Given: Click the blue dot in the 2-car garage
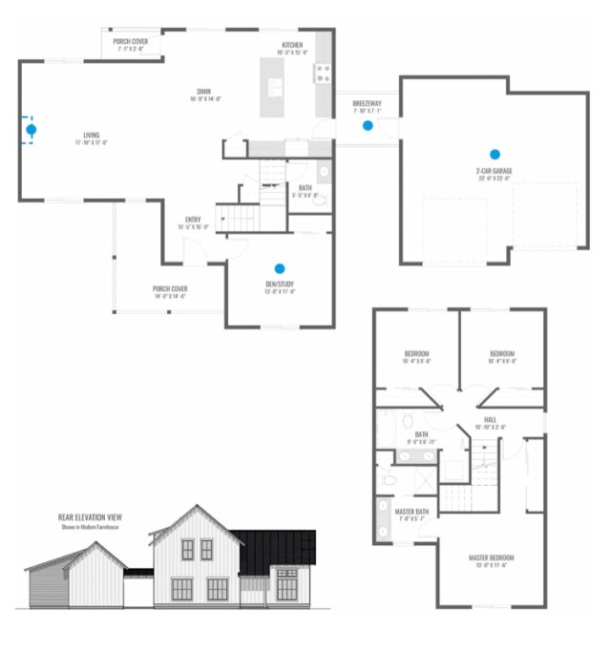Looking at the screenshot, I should click(x=495, y=154).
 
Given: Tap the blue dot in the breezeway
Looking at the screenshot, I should click(x=368, y=125).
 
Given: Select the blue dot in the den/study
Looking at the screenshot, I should click(x=280, y=269).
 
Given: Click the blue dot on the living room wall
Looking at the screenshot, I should click(x=32, y=129).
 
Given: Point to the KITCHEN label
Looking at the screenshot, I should click(x=293, y=45).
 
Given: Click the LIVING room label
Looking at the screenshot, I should click(x=91, y=136).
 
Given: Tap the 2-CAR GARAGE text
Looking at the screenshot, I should click(x=494, y=171).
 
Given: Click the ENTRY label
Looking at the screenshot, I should click(x=193, y=220).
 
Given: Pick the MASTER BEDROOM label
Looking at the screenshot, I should click(x=492, y=557).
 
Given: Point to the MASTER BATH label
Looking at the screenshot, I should click(x=413, y=512).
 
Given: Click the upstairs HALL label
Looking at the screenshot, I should click(x=490, y=419).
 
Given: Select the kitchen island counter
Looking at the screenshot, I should click(x=275, y=86).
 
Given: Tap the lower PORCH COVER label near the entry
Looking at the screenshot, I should click(x=169, y=288).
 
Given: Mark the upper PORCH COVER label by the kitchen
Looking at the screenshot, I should click(x=130, y=42).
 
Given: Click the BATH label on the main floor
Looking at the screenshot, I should click(x=305, y=188).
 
